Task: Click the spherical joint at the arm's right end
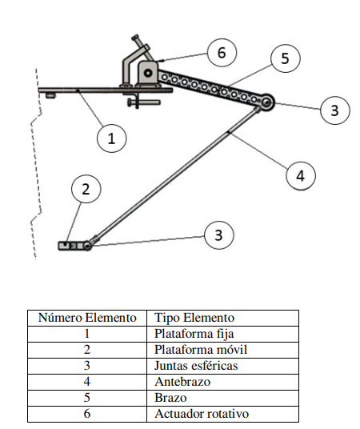click(x=266, y=102)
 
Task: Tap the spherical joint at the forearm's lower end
click(x=87, y=246)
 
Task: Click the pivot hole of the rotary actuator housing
click(x=149, y=73)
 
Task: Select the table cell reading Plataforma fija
click(x=222, y=334)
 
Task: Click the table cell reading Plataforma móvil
click(x=222, y=350)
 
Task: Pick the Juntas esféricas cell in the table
click(x=222, y=366)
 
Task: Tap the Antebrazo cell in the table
click(x=222, y=382)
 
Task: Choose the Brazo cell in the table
click(x=222, y=398)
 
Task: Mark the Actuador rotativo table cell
click(x=222, y=414)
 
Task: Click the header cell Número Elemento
click(x=87, y=318)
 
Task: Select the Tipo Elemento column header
click(x=222, y=318)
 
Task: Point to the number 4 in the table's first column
click(x=86, y=382)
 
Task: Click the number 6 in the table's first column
click(x=86, y=414)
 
